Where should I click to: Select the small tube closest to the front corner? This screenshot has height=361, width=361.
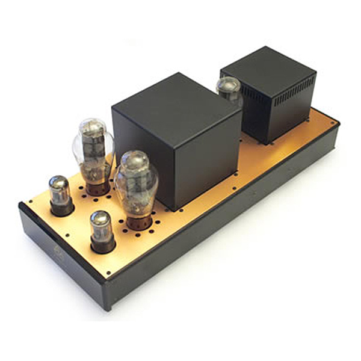(x=102, y=229)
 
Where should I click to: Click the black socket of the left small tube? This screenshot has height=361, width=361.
(x=62, y=208)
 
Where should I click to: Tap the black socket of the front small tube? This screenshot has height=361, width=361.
(x=103, y=244)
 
